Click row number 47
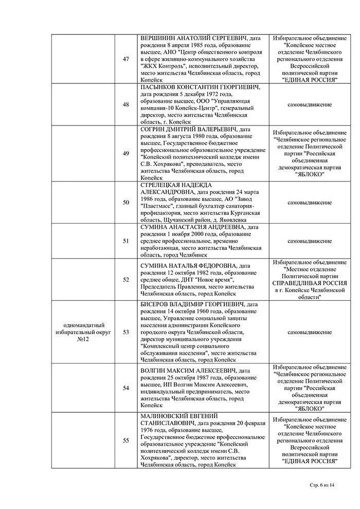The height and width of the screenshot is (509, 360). click(x=126, y=59)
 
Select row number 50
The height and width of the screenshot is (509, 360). click(x=126, y=203)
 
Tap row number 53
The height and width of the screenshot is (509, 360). click(x=126, y=332)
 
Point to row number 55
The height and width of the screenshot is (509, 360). click(x=126, y=440)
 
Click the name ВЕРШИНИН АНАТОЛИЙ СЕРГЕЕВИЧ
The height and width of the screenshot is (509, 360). click(x=194, y=38)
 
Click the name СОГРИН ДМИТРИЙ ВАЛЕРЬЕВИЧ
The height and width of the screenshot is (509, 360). click(x=188, y=129)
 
